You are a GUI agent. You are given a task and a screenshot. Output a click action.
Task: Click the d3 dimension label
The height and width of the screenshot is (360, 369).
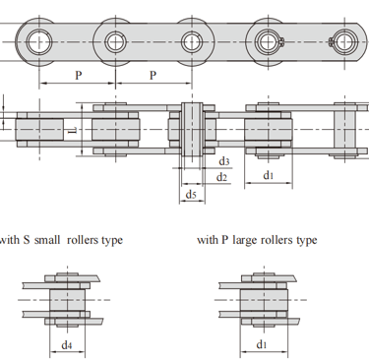tap(224, 161)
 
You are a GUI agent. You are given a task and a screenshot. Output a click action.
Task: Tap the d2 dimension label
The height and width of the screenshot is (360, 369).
tap(221, 177)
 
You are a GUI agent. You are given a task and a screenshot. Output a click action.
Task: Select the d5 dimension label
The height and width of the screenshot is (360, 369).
tap(191, 195)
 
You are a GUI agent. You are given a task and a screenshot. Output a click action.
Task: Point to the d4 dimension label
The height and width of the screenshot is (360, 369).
tap(67, 345)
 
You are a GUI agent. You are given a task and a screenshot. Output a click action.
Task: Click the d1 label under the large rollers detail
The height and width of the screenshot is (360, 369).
tap(262, 344)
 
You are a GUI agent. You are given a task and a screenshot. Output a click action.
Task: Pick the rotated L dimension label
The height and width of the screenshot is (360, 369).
tap(74, 130)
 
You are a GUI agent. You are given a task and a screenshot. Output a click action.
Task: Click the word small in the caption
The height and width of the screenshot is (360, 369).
tap(47, 240)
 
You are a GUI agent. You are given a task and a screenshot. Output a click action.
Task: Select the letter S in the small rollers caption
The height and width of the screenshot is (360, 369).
tap(27, 240)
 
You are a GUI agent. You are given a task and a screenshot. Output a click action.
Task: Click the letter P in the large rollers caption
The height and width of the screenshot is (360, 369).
tap(224, 240)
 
